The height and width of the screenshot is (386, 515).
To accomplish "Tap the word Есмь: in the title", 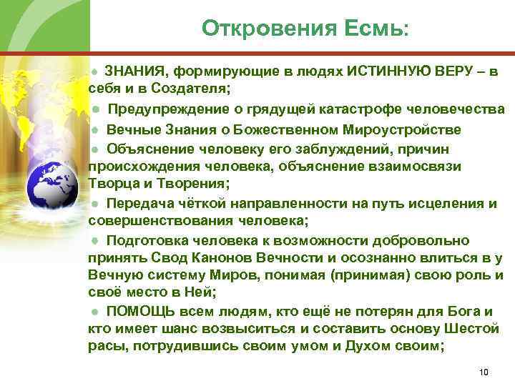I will click(x=378, y=28).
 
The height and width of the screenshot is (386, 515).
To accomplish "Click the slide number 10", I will click(x=484, y=372).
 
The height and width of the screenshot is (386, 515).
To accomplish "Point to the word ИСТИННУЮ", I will click(x=388, y=71).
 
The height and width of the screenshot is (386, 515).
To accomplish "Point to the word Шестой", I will click(x=471, y=329).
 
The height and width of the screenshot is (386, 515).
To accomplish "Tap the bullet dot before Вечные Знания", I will click(x=94, y=129).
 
